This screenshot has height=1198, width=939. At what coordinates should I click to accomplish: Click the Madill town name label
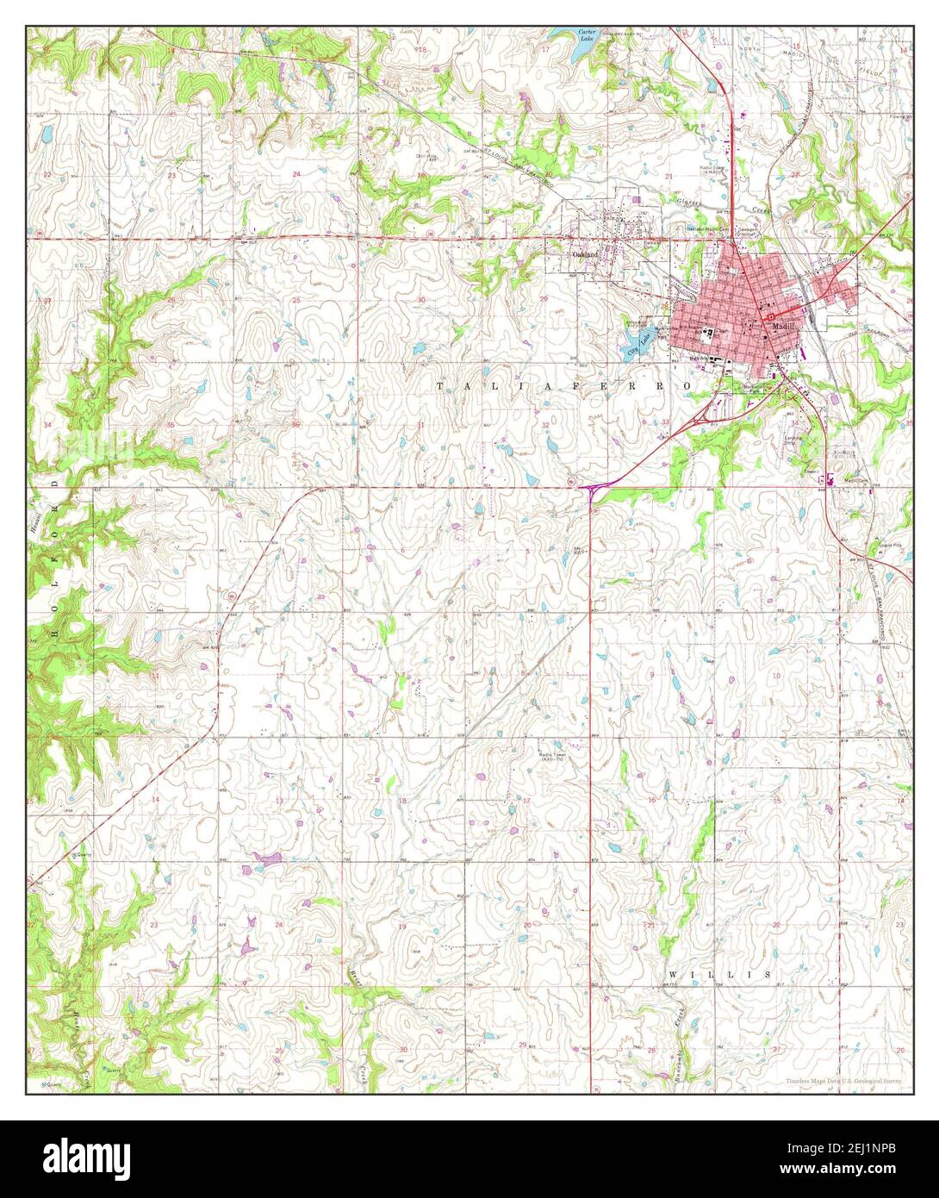click(x=782, y=328)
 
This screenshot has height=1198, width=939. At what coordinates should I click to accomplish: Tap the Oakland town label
click(x=585, y=255)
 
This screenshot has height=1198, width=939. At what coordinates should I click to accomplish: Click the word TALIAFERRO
click(x=563, y=387)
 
